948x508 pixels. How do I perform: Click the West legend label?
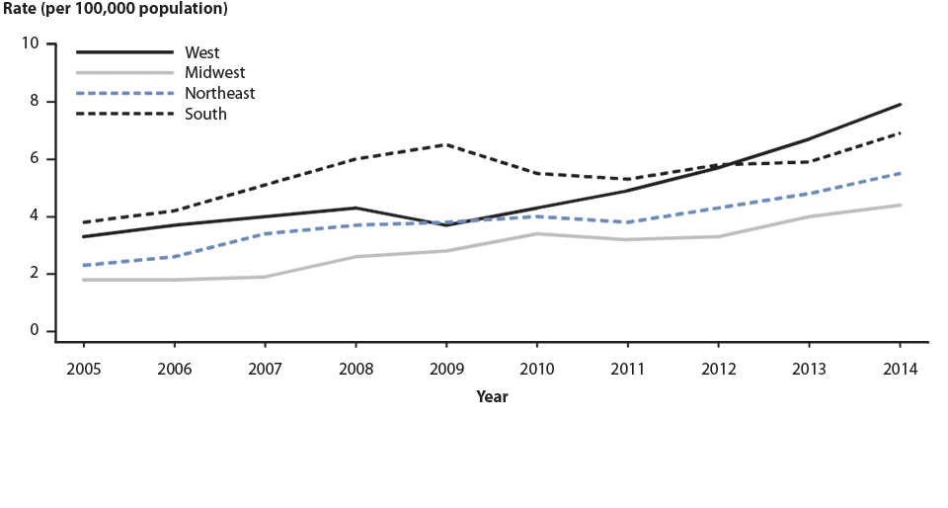tap(201, 52)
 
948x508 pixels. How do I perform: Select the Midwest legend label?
tap(214, 72)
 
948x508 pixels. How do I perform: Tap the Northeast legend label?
tap(219, 93)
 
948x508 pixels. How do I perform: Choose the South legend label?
tap(204, 114)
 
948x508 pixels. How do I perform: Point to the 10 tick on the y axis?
tap(30, 43)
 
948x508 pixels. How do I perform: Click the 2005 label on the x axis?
tap(84, 369)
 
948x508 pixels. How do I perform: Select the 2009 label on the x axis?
tap(446, 369)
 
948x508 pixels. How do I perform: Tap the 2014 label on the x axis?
tap(900, 369)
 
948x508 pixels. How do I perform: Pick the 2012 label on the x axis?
tap(718, 369)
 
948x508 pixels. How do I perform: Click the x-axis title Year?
tap(492, 396)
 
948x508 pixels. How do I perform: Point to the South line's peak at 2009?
tap(446, 144)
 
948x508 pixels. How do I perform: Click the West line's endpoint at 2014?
tap(900, 104)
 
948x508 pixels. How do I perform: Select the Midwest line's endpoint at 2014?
tap(900, 205)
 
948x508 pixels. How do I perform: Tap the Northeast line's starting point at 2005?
tap(84, 265)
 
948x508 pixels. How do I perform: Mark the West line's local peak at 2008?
tap(355, 208)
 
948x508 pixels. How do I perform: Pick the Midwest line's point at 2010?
tap(537, 233)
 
